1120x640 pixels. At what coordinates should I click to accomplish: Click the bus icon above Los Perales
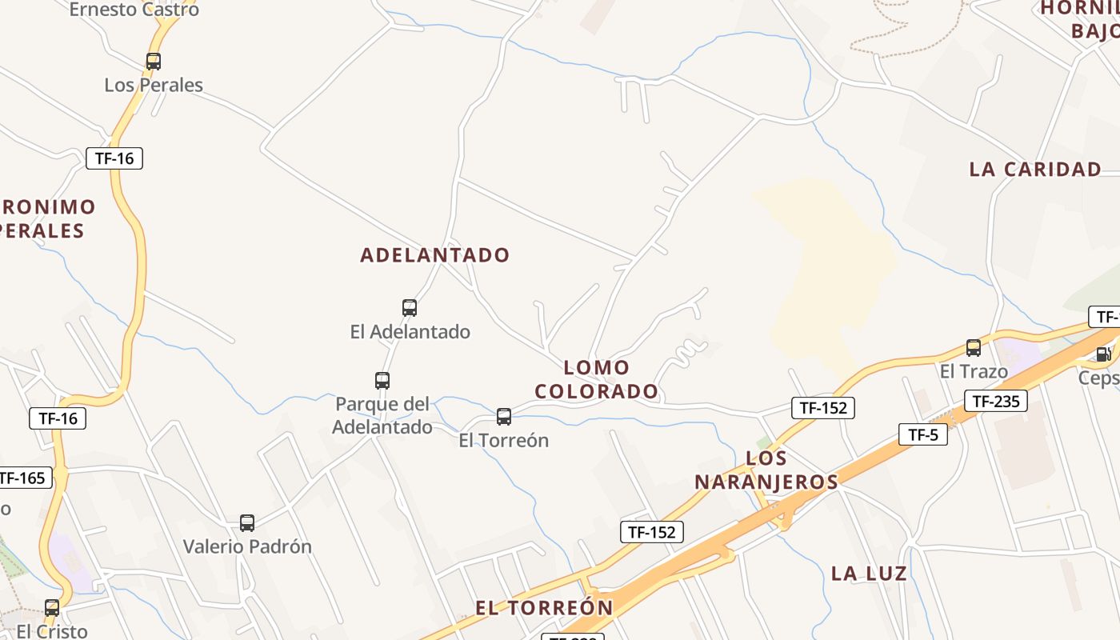coord(154,61)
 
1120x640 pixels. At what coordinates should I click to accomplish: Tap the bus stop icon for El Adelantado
coord(410,307)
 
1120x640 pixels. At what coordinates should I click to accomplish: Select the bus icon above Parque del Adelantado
coord(382,380)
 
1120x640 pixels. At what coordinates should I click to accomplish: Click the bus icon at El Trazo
coord(974,347)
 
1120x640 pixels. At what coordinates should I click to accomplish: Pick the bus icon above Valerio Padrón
coord(247,522)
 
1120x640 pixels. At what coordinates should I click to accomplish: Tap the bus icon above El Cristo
coord(52,607)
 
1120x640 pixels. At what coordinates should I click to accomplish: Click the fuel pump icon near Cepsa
coord(1103,354)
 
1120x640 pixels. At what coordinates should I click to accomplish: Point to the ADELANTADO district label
coord(435,255)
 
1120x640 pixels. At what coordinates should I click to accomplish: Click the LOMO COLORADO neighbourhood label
coord(597,379)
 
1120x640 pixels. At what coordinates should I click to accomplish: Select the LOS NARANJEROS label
coord(766,470)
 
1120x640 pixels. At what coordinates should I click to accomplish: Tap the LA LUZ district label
coord(869,573)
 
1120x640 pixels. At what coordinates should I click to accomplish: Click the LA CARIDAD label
coord(1035,169)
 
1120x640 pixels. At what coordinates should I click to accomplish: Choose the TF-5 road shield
coord(923,434)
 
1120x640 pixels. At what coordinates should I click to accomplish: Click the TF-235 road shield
coord(995,401)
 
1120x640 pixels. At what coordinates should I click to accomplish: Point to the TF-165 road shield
coord(24,478)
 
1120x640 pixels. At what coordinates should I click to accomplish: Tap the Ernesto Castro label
coord(134,10)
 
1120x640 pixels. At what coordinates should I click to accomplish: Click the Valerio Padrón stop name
coord(247,546)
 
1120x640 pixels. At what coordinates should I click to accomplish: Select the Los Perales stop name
coord(154,85)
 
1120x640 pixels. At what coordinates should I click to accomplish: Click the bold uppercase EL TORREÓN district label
coord(544,607)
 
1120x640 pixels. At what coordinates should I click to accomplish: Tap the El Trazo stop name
coord(974,371)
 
